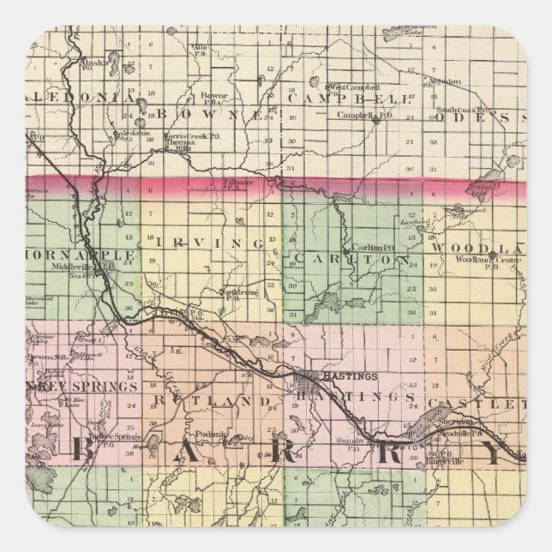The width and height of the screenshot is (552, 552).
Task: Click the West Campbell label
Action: (x=351, y=87)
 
